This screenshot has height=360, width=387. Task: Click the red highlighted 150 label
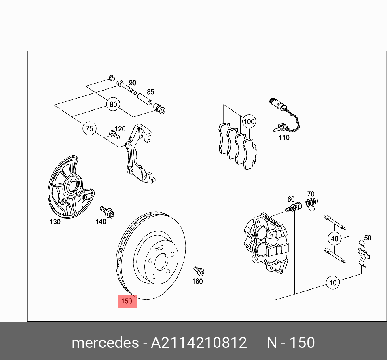pos(127,301)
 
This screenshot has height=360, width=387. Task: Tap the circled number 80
pos(114,105)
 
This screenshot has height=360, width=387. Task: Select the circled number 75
pos(89,129)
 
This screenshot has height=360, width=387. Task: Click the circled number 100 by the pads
pos(249,121)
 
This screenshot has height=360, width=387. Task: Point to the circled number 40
pos(334,238)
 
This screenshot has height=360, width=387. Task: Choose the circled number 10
pos(333,283)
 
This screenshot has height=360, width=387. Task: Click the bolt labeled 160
pos(199,270)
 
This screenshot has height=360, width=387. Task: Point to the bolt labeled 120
pos(114,134)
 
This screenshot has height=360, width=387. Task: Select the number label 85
pos(150,92)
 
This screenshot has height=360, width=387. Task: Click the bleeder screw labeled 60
pos(294,208)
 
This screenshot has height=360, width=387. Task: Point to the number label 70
pos(311,194)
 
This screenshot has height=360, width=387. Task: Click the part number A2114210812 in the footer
pos(199,343)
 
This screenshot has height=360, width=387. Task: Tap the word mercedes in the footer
pos(105,343)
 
